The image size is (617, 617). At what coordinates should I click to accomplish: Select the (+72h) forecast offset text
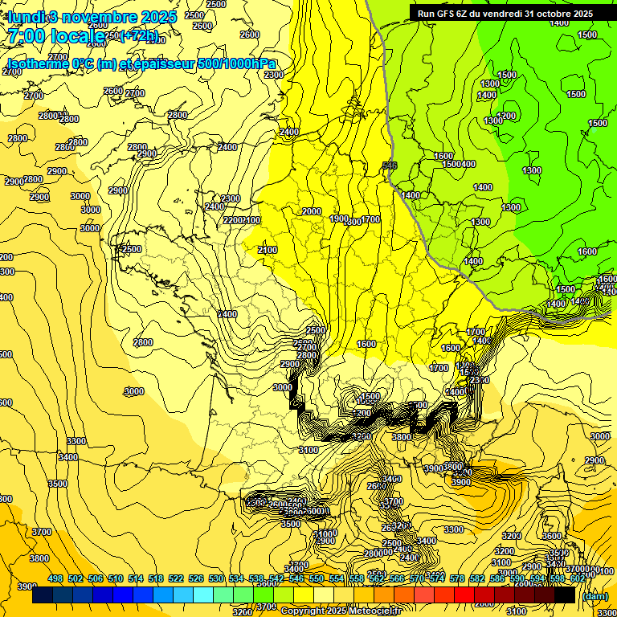coord(139,36)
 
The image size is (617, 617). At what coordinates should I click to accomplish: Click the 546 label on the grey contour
coord(390,165)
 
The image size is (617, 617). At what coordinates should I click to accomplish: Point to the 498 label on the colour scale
coord(55,578)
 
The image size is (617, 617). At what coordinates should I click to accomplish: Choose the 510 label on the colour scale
coord(116,578)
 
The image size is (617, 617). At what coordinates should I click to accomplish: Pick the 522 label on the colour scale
coord(176,578)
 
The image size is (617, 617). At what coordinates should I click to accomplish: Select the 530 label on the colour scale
coord(216,578)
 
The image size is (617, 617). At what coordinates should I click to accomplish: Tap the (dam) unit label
coord(595,595)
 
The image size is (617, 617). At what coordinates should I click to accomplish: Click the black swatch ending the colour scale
coord(565,595)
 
